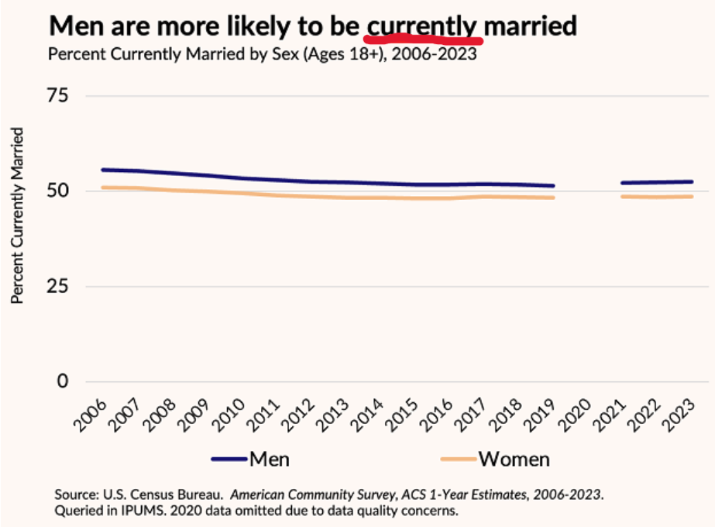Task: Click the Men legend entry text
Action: [x=269, y=459]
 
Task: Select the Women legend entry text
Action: [x=514, y=459]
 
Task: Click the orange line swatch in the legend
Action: [x=457, y=460]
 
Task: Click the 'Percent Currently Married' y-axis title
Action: [x=17, y=218]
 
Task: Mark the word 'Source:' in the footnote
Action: [x=77, y=494]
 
